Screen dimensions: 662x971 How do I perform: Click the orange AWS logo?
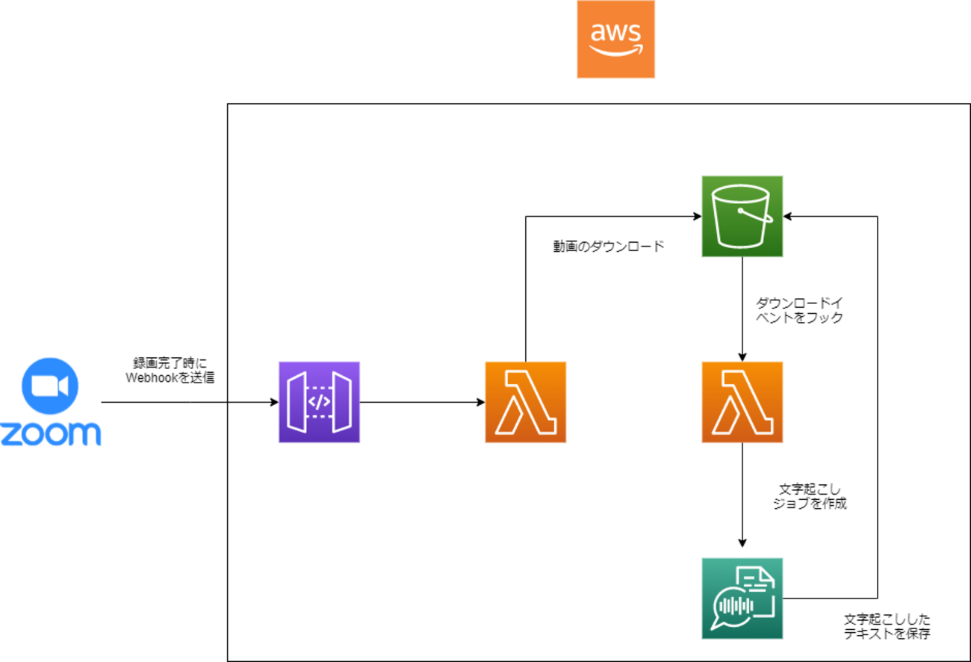(x=615, y=40)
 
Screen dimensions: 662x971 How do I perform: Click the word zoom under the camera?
(x=50, y=434)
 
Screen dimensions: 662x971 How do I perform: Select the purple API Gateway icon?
(x=319, y=402)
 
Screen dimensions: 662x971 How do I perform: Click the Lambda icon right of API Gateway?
(x=525, y=402)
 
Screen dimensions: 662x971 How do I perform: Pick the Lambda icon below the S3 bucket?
(x=742, y=402)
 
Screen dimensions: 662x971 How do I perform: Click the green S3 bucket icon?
(x=742, y=216)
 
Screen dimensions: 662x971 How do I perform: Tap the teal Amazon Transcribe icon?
(x=742, y=598)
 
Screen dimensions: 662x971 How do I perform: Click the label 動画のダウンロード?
(x=608, y=247)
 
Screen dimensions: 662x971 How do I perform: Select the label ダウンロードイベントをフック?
(x=799, y=310)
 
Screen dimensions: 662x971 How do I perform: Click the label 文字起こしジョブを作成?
(x=810, y=496)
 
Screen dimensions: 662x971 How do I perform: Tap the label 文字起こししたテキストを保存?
(x=887, y=627)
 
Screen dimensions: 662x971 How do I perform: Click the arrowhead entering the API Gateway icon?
(x=274, y=403)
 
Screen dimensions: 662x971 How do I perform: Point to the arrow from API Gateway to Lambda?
(x=422, y=403)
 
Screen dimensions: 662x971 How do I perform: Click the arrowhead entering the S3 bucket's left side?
(x=697, y=217)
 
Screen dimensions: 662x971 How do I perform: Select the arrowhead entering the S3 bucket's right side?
(x=788, y=217)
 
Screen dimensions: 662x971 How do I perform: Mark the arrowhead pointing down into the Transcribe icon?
(x=742, y=542)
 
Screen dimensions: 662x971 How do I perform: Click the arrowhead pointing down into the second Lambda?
(x=742, y=356)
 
